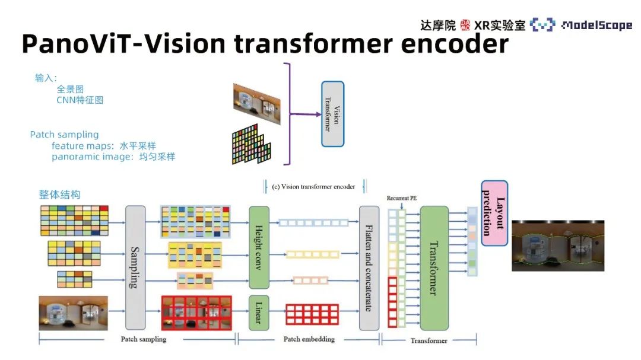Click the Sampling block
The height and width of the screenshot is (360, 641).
coord(135,267)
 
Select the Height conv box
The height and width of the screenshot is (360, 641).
coord(259,247)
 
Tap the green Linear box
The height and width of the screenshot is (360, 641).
coord(259,313)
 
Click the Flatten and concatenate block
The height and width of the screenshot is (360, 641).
coord(369,267)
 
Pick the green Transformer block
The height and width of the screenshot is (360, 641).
coord(434,267)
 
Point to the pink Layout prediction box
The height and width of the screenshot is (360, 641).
coord(494,214)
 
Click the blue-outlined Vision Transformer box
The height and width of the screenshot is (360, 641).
coord(333,114)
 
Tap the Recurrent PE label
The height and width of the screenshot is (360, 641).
coord(401,198)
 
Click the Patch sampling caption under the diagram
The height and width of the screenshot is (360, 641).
coord(144,339)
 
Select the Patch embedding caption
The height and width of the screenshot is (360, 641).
coord(309,339)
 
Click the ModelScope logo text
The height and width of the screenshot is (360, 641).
coord(597,26)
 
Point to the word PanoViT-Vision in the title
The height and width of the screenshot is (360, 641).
coord(123,44)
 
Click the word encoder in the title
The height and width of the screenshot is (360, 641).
coord(455,44)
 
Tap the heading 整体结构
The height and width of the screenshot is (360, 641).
coord(60,195)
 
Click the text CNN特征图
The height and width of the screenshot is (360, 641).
coord(80,100)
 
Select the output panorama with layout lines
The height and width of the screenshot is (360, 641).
coord(558,246)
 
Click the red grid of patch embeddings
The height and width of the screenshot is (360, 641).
coord(312,314)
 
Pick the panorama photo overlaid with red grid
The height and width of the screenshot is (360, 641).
coord(196,313)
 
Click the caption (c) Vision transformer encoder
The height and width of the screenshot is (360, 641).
coord(313,187)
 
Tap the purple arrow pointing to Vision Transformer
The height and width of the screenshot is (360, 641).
coord(306,114)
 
